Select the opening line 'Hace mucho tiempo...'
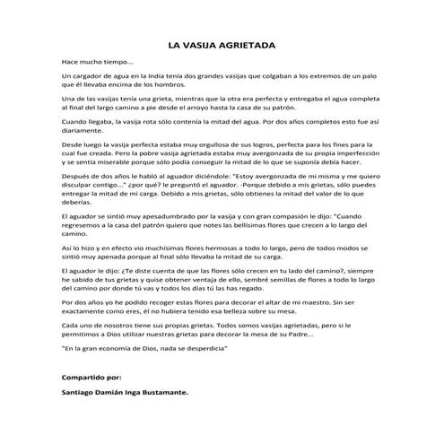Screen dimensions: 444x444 point(96,63)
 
